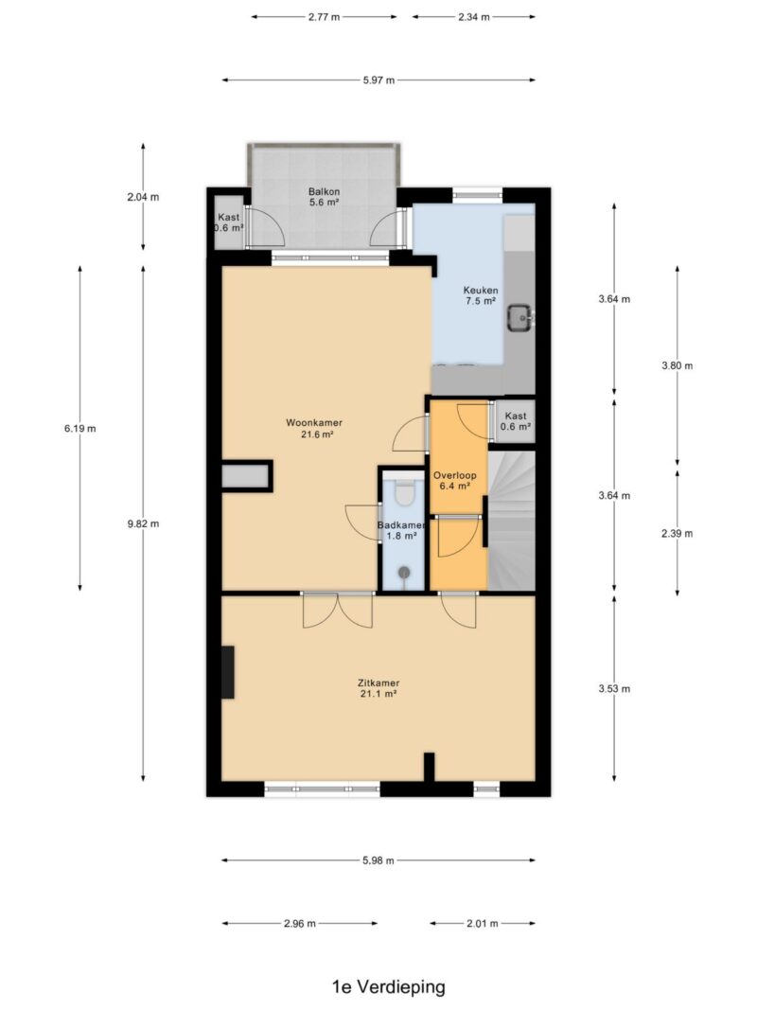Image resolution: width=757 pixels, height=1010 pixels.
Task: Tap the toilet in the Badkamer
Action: tap(405, 491)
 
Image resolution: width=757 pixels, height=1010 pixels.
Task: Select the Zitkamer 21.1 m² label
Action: tap(378, 688)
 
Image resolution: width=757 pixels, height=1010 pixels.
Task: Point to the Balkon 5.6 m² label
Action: tap(324, 197)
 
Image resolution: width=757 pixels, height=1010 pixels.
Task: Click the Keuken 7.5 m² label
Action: tap(481, 295)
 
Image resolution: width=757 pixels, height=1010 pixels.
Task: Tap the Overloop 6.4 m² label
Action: tap(454, 481)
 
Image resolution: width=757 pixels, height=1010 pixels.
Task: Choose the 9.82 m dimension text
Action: tap(144, 523)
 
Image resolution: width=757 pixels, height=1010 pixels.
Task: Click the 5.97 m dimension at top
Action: tap(378, 80)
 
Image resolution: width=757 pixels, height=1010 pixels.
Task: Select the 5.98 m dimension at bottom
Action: tap(378, 859)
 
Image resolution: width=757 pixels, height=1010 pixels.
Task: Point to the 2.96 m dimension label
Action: tap(300, 923)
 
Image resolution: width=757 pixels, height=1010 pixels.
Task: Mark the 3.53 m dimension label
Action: tap(614, 688)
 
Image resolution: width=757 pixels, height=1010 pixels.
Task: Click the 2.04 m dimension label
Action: tap(143, 197)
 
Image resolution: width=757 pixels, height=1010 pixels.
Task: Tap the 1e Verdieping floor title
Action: tap(389, 986)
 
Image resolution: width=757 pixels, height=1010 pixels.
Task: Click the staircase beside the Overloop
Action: tap(511, 521)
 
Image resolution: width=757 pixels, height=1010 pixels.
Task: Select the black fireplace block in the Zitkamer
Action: tap(228, 672)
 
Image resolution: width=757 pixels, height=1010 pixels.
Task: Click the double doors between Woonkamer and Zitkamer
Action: tap(338, 610)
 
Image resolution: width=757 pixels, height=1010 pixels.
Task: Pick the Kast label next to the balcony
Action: tap(228, 222)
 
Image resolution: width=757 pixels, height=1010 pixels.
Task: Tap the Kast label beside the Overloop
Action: tap(516, 421)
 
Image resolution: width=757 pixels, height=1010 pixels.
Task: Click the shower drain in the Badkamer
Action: tap(404, 572)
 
